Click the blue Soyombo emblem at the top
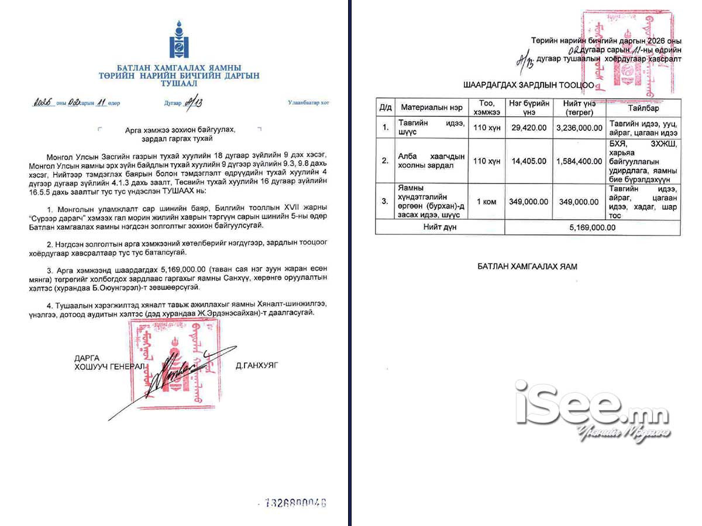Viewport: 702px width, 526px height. (x=179, y=39)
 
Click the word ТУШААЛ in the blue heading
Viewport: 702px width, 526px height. (x=179, y=84)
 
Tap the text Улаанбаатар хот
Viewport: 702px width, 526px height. (x=308, y=102)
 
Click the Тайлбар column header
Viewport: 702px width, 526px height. (x=643, y=108)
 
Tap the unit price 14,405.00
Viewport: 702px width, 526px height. (x=529, y=161)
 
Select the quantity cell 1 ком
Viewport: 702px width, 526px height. (x=487, y=201)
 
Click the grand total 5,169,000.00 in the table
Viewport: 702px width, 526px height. (x=592, y=227)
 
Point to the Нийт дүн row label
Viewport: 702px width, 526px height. (x=440, y=227)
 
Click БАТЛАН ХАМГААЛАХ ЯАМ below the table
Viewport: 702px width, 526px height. (x=527, y=267)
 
